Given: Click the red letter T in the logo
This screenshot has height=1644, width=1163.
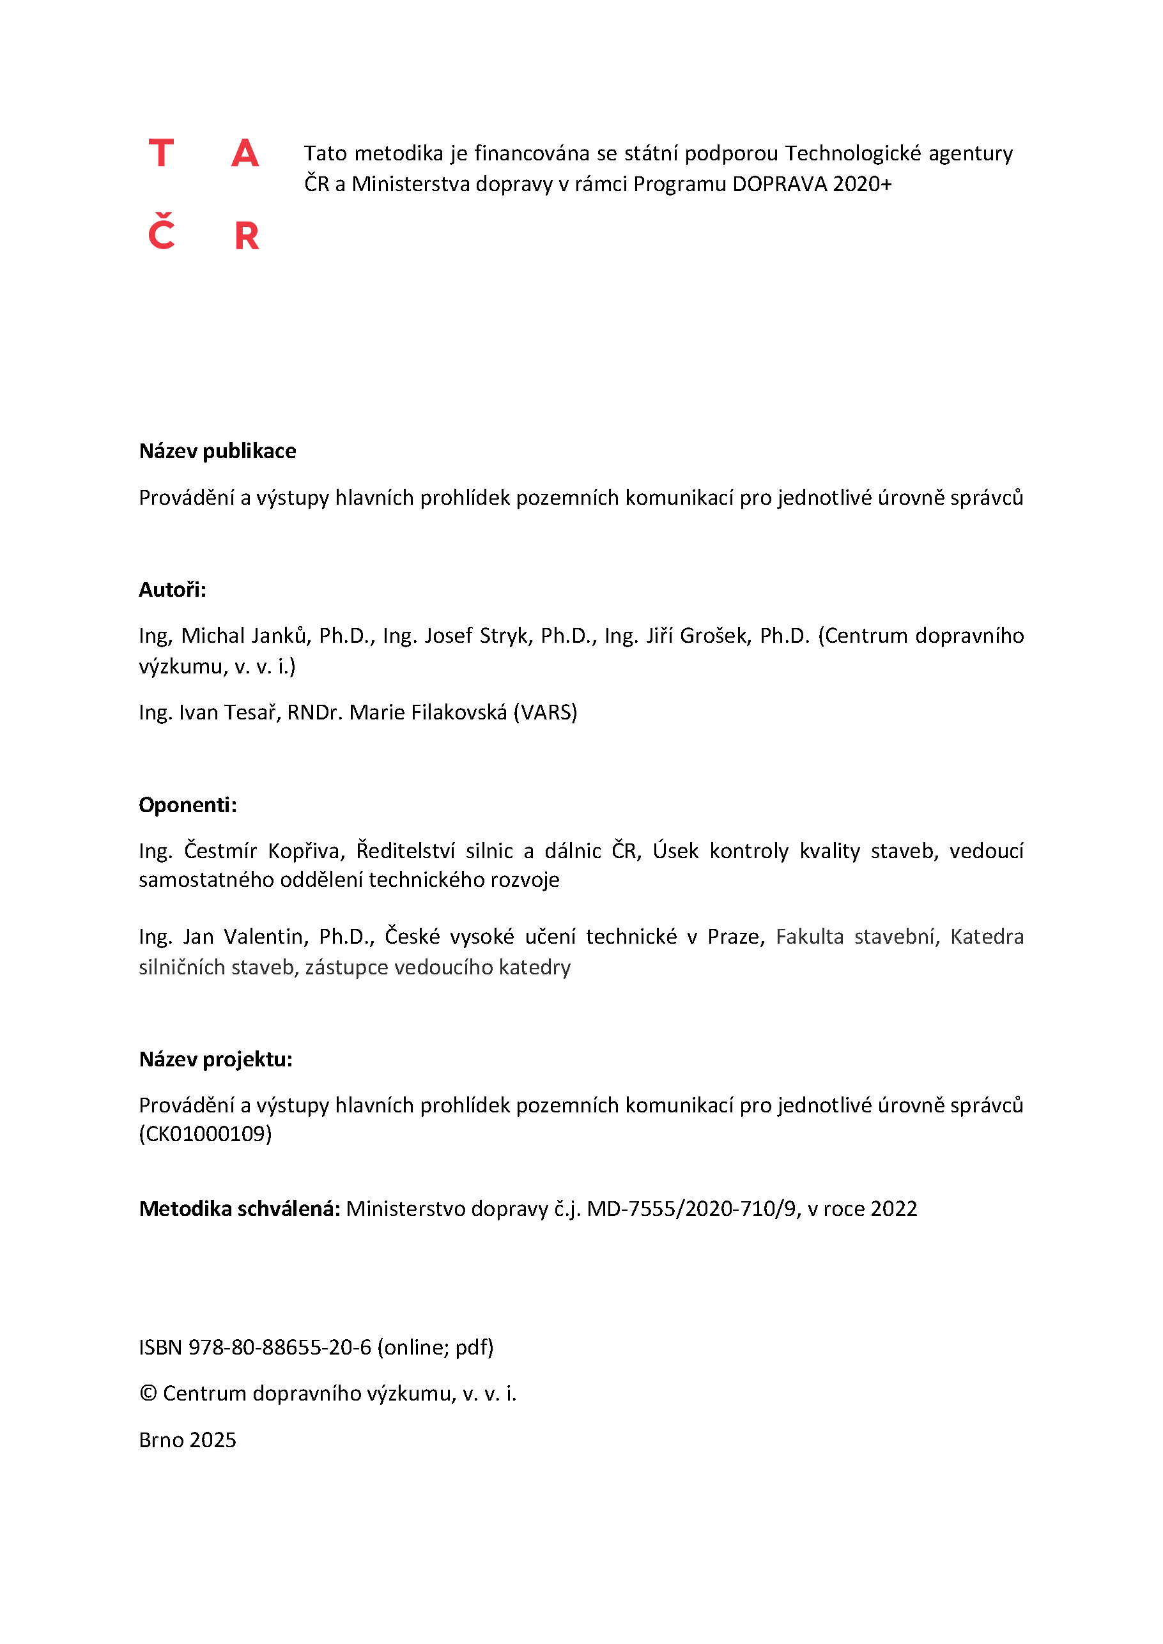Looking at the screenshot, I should (161, 153).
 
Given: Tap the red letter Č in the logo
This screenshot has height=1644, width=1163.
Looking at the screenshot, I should (161, 233).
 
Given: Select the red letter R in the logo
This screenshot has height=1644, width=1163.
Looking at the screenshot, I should (247, 236).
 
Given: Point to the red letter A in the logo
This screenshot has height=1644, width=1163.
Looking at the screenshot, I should (245, 153).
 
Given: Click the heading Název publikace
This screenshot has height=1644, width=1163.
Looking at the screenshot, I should (217, 451).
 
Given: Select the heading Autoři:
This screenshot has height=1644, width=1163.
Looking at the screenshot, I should (172, 589).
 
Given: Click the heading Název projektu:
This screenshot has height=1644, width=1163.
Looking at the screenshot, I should (215, 1059).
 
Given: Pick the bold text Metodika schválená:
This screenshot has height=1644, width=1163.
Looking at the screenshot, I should (239, 1209).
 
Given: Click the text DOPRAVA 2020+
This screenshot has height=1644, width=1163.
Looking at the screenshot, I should (812, 184).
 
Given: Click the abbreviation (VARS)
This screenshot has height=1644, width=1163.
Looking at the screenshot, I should (545, 712).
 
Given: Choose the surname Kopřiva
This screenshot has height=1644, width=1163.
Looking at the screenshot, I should (307, 850).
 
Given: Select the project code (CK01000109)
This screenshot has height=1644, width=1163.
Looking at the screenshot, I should (206, 1133).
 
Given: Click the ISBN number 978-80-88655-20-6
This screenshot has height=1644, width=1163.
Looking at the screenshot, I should (279, 1348).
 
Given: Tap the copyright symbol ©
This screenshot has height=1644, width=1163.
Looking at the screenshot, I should (148, 1394).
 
